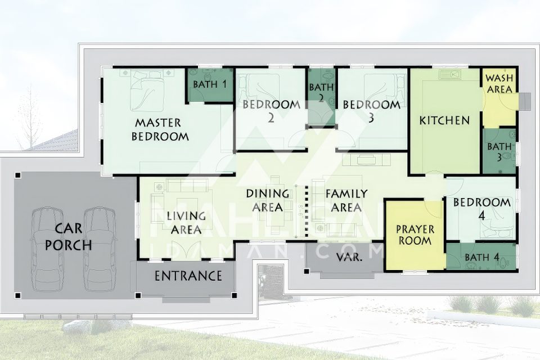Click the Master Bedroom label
(160, 129)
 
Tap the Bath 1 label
(210, 84)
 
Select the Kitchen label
(444, 120)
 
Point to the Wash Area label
(499, 84)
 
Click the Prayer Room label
(415, 235)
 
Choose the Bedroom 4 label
(482, 209)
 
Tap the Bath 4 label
(481, 257)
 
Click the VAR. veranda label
(349, 256)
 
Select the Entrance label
(188, 276)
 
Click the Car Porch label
(69, 237)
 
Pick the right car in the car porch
(100, 249)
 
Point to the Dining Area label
(268, 200)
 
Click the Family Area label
(346, 200)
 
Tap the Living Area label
(186, 223)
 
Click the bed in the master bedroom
(147, 90)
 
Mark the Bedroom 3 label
(371, 111)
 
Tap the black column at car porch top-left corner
(18, 175)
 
